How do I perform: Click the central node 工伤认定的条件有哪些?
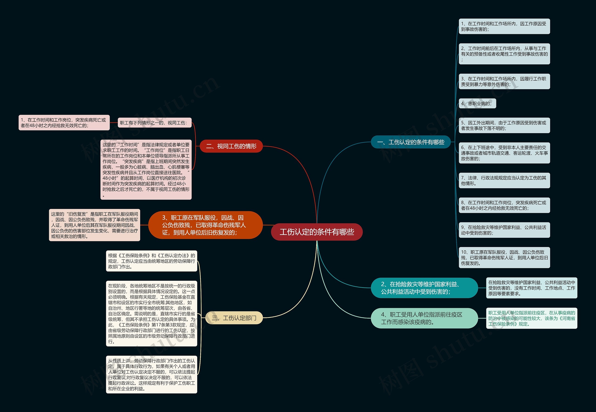pyautogui.click(x=317, y=232)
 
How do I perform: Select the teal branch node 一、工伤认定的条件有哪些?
pyautogui.click(x=411, y=142)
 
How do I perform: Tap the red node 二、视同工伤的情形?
pyautogui.click(x=231, y=146)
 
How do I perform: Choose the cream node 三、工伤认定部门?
pyautogui.click(x=234, y=318)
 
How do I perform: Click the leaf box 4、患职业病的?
pyautogui.click(x=477, y=103)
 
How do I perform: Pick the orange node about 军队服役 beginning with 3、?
pyautogui.click(x=205, y=225)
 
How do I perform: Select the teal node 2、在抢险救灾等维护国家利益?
pyautogui.click(x=424, y=288)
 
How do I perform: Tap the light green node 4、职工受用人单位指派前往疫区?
pyautogui.click(x=424, y=318)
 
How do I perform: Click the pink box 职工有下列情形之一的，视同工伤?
pyautogui.click(x=155, y=123)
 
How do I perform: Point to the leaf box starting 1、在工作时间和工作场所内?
pyautogui.click(x=504, y=26)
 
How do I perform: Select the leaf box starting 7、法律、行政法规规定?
pyautogui.click(x=504, y=181)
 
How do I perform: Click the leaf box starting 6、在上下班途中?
pyautogui.click(x=504, y=153)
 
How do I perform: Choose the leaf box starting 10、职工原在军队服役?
pyautogui.click(x=504, y=258)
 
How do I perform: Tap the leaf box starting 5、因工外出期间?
pyautogui.click(x=504, y=125)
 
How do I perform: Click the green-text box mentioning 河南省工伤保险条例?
pyautogui.click(x=532, y=318)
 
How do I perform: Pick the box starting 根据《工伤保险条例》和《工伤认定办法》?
pyautogui.click(x=152, y=261)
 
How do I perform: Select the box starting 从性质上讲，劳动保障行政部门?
pyautogui.click(x=152, y=375)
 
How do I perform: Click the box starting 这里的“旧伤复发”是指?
pyautogui.click(x=94, y=225)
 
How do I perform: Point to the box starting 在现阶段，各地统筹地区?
pyautogui.click(x=152, y=314)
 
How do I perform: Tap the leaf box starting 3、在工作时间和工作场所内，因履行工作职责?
pyautogui.click(x=504, y=82)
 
